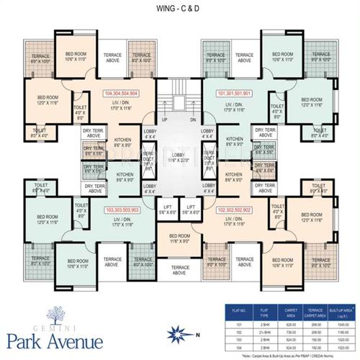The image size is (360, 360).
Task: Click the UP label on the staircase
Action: pos(165,120)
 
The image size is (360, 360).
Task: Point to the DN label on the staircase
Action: pos(192,120)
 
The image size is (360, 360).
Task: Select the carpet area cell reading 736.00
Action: pos(290,333)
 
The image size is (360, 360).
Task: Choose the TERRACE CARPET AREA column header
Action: pos(316,312)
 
